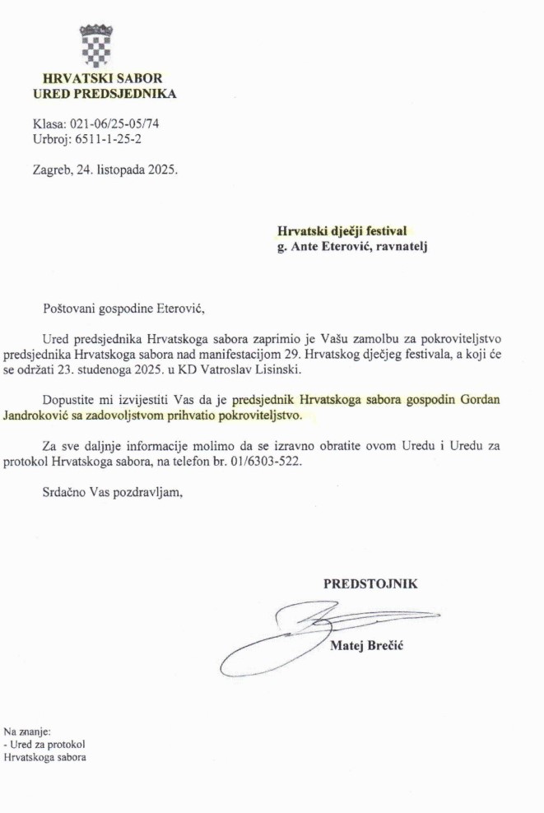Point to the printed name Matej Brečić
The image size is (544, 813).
pos(366,646)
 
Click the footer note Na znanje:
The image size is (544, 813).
pos(27,730)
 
